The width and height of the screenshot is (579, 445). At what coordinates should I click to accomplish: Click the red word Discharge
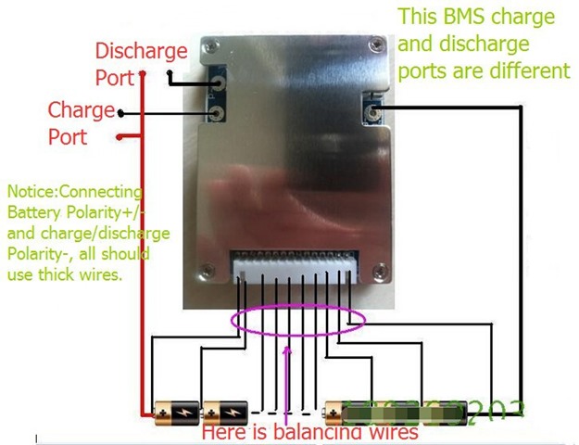141,50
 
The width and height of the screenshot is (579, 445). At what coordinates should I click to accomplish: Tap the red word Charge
82,110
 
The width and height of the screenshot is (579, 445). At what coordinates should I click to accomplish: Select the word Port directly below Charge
68,136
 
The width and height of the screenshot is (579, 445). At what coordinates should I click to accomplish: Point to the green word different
524,70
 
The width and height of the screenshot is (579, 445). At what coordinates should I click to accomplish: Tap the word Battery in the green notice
33,212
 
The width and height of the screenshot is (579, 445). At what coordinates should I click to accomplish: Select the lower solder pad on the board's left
219,114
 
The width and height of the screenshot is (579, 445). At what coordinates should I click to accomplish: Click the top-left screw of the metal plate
213,45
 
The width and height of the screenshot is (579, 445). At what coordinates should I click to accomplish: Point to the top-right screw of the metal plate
376,44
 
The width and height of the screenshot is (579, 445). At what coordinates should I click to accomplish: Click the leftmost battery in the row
176,409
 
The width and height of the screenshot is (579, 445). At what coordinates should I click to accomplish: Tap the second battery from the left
225,409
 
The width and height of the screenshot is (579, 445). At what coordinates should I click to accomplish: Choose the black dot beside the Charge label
121,114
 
